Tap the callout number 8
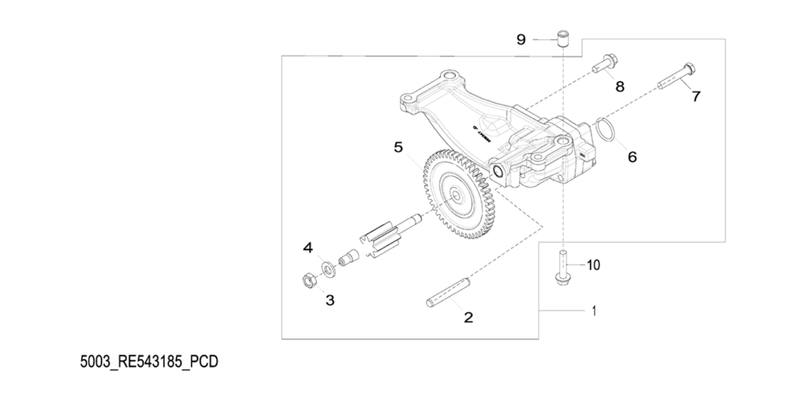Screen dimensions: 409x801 (620, 86)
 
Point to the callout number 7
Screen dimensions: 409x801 (696, 97)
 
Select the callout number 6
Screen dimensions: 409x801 (632, 157)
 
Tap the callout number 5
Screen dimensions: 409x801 (399, 147)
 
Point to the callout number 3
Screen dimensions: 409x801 (330, 301)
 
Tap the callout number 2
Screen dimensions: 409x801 (468, 317)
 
